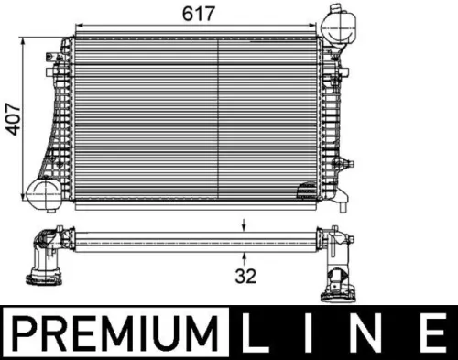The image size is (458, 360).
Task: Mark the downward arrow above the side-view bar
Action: click(245, 224)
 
